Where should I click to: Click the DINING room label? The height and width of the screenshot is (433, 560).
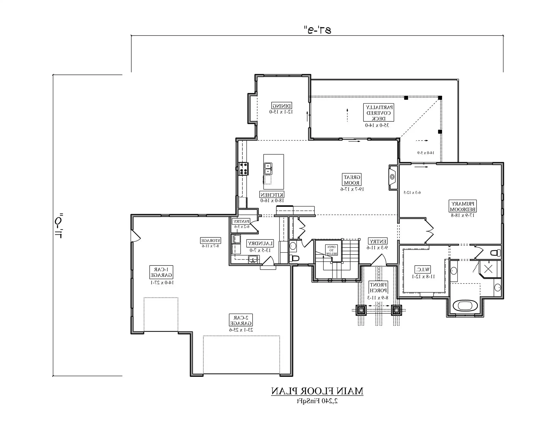click(x=282, y=105)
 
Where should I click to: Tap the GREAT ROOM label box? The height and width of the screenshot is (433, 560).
click(x=352, y=180)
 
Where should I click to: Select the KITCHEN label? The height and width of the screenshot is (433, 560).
click(x=272, y=195)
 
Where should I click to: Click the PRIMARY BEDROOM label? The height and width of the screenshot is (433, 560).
click(x=463, y=207)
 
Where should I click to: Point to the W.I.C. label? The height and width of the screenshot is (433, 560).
click(x=423, y=270)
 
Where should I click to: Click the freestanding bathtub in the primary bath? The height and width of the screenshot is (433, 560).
click(x=465, y=306)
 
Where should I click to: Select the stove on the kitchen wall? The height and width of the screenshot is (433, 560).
click(x=244, y=169)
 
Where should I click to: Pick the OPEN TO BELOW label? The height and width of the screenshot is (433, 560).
click(x=331, y=250)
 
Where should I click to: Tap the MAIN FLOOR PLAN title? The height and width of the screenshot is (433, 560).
click(x=317, y=391)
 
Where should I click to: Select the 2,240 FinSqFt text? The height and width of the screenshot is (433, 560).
click(x=317, y=401)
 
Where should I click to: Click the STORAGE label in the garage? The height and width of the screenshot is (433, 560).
click(x=210, y=241)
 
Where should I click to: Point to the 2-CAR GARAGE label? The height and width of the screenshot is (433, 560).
click(x=241, y=320)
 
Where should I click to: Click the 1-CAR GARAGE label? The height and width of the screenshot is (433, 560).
click(x=161, y=272)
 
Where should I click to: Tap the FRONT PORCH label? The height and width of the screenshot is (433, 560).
click(x=378, y=288)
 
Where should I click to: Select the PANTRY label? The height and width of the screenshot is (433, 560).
click(x=241, y=221)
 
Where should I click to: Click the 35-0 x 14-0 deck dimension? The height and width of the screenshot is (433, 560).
click(x=377, y=125)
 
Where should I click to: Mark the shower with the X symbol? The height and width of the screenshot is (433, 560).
click(x=488, y=269)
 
